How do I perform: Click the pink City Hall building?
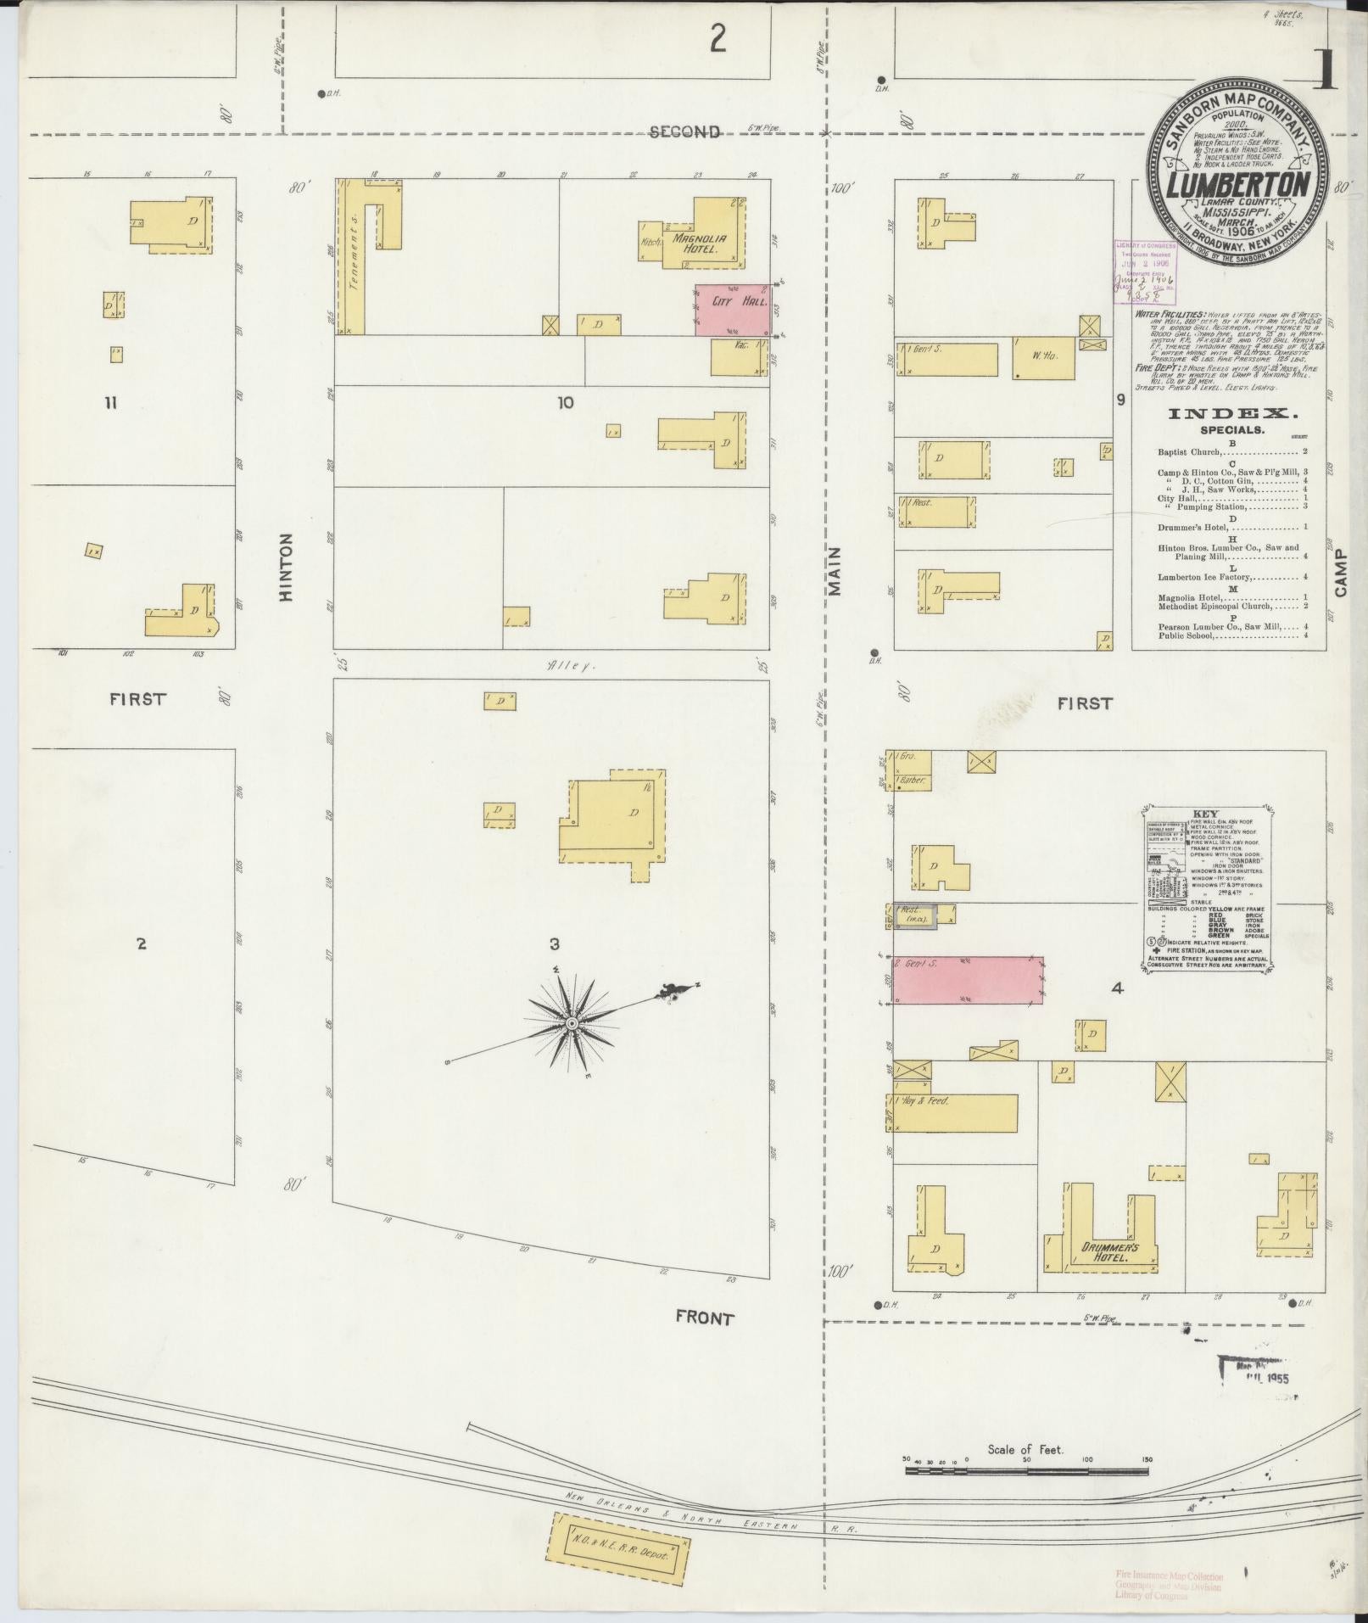(x=732, y=310)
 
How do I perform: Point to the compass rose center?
(x=572, y=1024)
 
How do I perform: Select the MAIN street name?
(x=835, y=571)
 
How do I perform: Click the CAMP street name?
(x=1340, y=573)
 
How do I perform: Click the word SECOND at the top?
(x=685, y=132)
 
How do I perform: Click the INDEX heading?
(x=1233, y=414)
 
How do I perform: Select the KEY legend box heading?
(x=1204, y=814)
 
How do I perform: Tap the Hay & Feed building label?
(x=928, y=1101)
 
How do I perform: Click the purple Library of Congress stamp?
(x=1145, y=270)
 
